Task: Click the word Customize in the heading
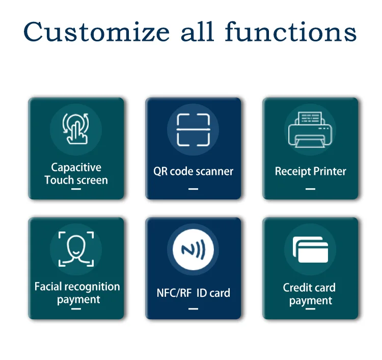coord(96,32)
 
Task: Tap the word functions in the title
coord(291,32)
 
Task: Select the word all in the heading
coord(197,32)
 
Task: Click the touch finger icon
coord(76,129)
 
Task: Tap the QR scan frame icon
coord(193,130)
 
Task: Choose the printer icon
coord(310,130)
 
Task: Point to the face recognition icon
coord(76,249)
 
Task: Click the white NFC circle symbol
coord(193,249)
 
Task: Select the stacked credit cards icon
coord(310,249)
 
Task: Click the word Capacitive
coord(76,168)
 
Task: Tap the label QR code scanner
coord(193,171)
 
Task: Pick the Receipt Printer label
coord(310,171)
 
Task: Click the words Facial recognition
coord(77,287)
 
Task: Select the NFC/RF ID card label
coord(193,293)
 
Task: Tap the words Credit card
coord(309,288)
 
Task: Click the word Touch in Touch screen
coord(59,180)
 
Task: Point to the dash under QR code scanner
coord(193,189)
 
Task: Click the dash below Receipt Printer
coord(310,189)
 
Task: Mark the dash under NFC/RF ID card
coord(193,309)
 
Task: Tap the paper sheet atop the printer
coord(310,118)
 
